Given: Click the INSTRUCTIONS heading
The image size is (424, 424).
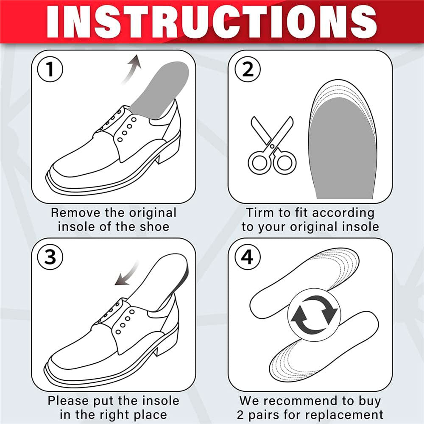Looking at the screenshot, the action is pos(212,21).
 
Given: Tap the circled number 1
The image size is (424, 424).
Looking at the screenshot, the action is pos(50,69).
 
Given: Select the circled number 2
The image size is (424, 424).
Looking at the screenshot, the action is pos(248,70).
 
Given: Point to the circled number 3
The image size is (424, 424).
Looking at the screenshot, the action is pos(50,257).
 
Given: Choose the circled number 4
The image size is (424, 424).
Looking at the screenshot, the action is pos(248,257).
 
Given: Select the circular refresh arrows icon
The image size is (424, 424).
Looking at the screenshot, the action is pos(314,315).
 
